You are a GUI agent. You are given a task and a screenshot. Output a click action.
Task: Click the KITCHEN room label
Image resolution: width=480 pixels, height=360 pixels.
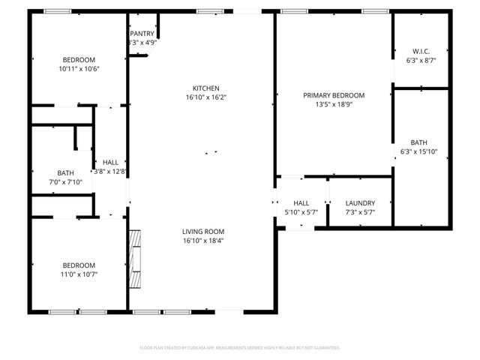[x=205, y=88]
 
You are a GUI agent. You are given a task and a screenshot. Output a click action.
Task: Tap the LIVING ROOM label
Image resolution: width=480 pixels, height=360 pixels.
[x=203, y=232]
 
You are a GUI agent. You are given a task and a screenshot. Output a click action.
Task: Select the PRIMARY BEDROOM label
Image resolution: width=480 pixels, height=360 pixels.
[x=334, y=95]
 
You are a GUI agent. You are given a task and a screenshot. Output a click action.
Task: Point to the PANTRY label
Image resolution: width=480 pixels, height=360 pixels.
[x=142, y=34]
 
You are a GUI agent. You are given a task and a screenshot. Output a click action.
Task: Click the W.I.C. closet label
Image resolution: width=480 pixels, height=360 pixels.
[x=420, y=51]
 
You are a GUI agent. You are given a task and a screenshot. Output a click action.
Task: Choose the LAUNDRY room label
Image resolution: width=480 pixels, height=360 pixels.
[x=360, y=203]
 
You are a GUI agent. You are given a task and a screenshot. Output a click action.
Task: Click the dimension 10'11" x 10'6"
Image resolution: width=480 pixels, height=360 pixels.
[x=79, y=69]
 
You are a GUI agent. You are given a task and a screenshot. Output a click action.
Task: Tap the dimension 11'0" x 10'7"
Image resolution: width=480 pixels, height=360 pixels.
[x=79, y=274]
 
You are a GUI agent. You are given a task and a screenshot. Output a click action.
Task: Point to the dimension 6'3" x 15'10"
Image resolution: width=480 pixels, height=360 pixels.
[x=418, y=151]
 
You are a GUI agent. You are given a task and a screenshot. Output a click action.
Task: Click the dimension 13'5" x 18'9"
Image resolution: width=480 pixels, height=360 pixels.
[x=334, y=105]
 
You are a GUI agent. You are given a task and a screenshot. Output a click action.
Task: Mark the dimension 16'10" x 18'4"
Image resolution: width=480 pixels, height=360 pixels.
[x=203, y=241]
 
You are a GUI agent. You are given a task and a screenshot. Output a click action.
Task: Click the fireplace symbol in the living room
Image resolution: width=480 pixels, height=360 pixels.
[x=135, y=259]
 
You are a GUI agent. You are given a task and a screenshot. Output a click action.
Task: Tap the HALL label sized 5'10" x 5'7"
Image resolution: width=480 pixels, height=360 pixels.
[x=301, y=203]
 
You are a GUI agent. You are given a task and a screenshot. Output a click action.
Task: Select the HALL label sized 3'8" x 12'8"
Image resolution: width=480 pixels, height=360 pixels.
[x=110, y=162]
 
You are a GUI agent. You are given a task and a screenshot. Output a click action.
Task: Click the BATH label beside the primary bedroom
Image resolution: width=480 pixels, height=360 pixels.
[x=418, y=142]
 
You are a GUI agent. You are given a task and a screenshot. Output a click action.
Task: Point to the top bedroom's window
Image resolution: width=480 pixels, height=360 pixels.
[x=58, y=11]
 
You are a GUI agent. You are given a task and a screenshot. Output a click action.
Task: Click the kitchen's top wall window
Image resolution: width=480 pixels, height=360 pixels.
[x=207, y=11]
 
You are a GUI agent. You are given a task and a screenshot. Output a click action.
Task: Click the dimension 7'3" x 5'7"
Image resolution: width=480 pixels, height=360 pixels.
[x=360, y=212]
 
